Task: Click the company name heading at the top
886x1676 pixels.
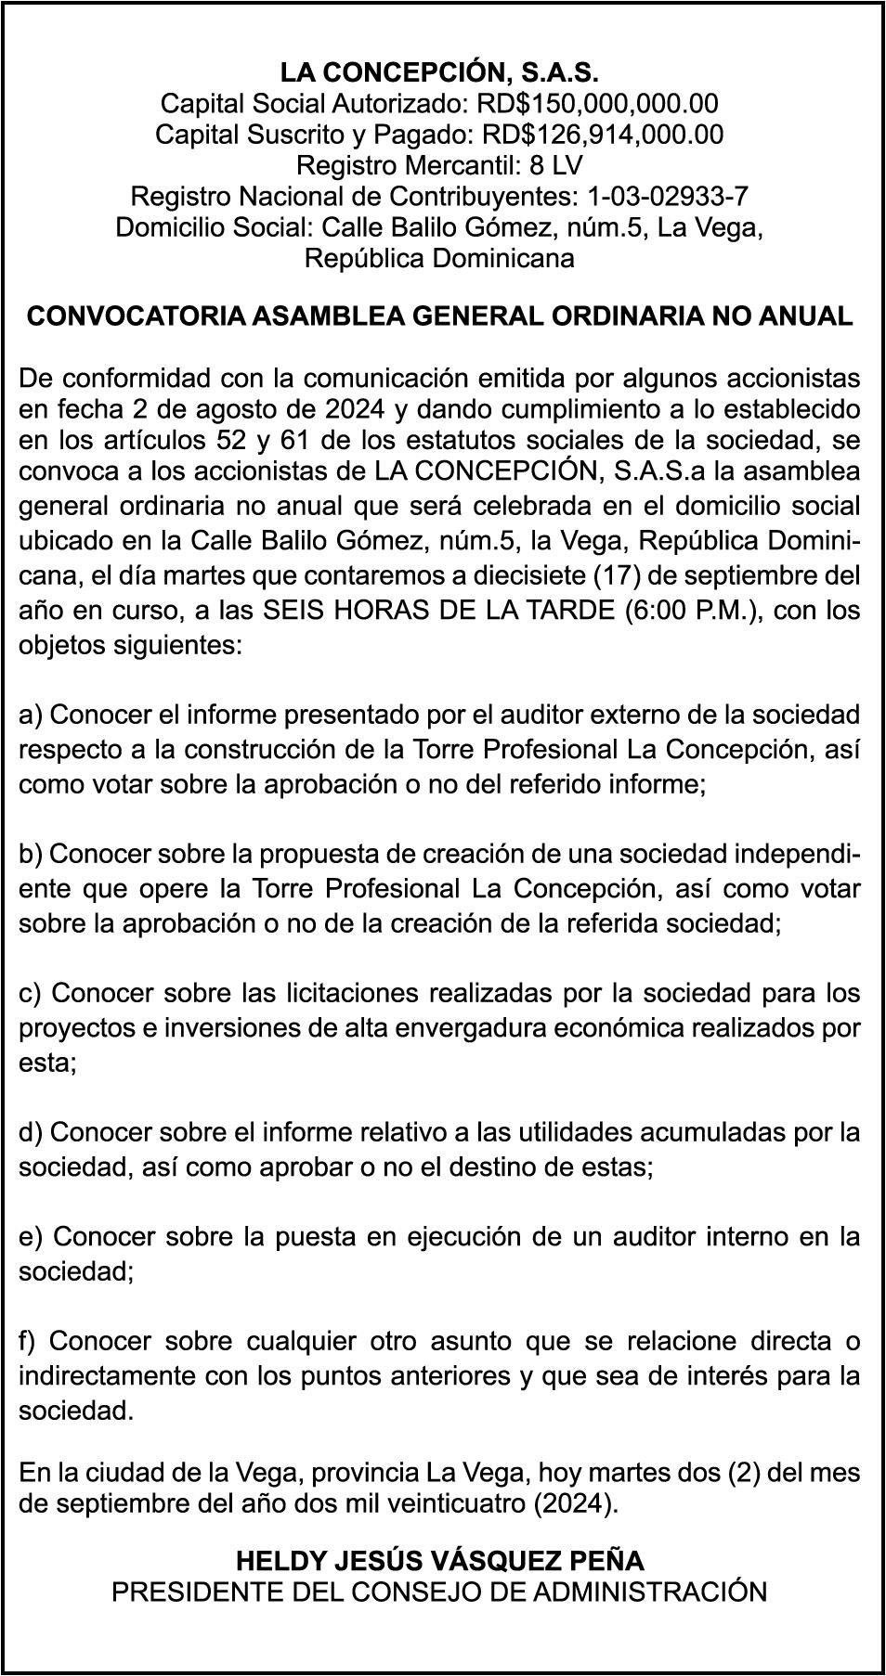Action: [439, 72]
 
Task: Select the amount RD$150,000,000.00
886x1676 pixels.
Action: [597, 103]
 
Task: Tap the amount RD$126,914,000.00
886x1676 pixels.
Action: [602, 135]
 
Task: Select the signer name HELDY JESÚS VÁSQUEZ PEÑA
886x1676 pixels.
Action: [439, 1561]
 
